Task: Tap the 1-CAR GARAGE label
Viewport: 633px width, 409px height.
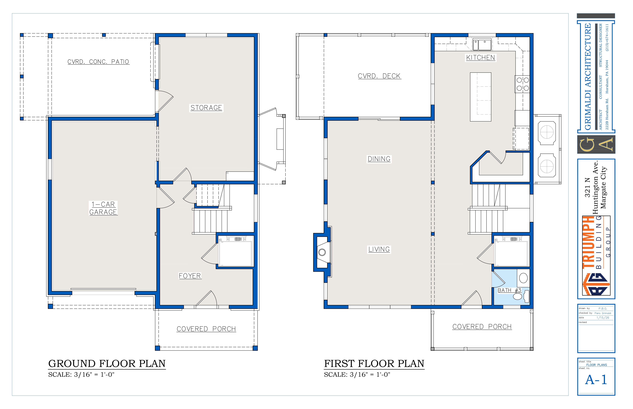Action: tap(103, 208)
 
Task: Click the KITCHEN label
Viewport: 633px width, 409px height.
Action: tap(480, 58)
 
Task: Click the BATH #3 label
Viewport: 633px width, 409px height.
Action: tap(509, 290)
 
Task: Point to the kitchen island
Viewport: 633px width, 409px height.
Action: tap(480, 97)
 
